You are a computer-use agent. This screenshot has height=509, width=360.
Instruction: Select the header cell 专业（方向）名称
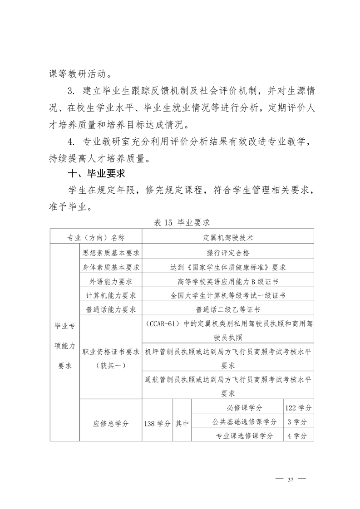(96, 237)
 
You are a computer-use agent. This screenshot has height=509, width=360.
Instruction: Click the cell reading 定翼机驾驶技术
(228, 237)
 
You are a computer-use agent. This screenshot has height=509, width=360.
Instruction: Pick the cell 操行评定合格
(228, 252)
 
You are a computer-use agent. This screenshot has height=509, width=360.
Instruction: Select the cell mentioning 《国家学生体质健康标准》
(228, 267)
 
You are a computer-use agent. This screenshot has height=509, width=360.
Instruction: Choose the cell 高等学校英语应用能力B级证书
(228, 281)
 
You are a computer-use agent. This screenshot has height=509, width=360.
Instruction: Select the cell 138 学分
(157, 424)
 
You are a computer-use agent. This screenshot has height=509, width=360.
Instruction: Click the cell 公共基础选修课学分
(238, 422)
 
